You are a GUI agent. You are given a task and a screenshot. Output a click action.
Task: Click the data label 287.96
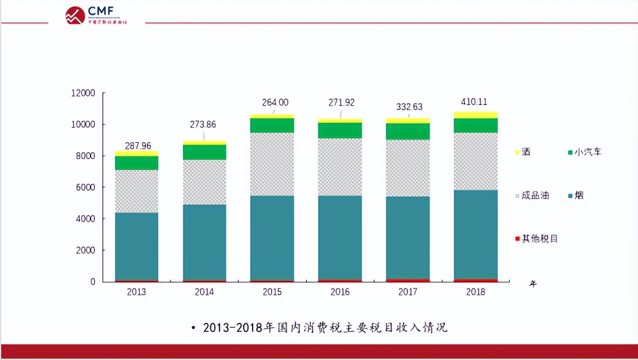138,146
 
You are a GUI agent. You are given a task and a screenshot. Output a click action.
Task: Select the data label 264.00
275,102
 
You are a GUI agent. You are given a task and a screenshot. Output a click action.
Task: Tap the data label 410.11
474,102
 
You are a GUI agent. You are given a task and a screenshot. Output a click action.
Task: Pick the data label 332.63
409,107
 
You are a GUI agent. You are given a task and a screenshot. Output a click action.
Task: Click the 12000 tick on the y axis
83,93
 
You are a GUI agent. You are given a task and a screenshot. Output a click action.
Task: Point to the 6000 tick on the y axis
85,188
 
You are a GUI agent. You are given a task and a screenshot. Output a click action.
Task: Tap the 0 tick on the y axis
92,282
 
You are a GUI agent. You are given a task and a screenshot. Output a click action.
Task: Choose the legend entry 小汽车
584,153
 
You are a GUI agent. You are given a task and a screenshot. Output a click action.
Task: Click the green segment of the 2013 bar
137,162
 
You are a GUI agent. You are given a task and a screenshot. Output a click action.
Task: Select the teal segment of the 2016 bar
340,237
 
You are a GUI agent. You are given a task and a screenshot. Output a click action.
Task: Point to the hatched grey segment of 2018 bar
475,161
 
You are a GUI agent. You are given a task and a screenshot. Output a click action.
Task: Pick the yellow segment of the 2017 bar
408,121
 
